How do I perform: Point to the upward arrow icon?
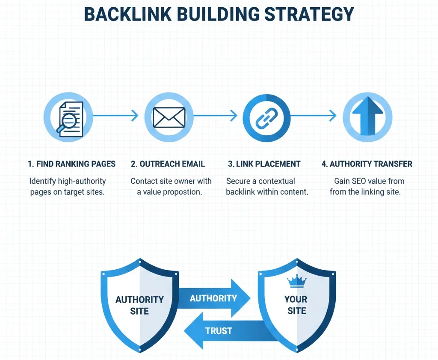point(367,116)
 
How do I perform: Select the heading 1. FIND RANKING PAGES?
point(71,164)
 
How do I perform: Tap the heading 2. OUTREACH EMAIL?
point(168,164)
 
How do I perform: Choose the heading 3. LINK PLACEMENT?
point(264,164)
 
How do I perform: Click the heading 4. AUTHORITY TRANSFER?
point(367,164)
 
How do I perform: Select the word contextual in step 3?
point(277,181)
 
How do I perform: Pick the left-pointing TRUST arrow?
point(218,330)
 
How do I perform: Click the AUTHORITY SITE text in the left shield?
point(139,305)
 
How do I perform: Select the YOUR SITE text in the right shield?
point(296,305)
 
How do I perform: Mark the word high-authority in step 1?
point(82,181)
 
